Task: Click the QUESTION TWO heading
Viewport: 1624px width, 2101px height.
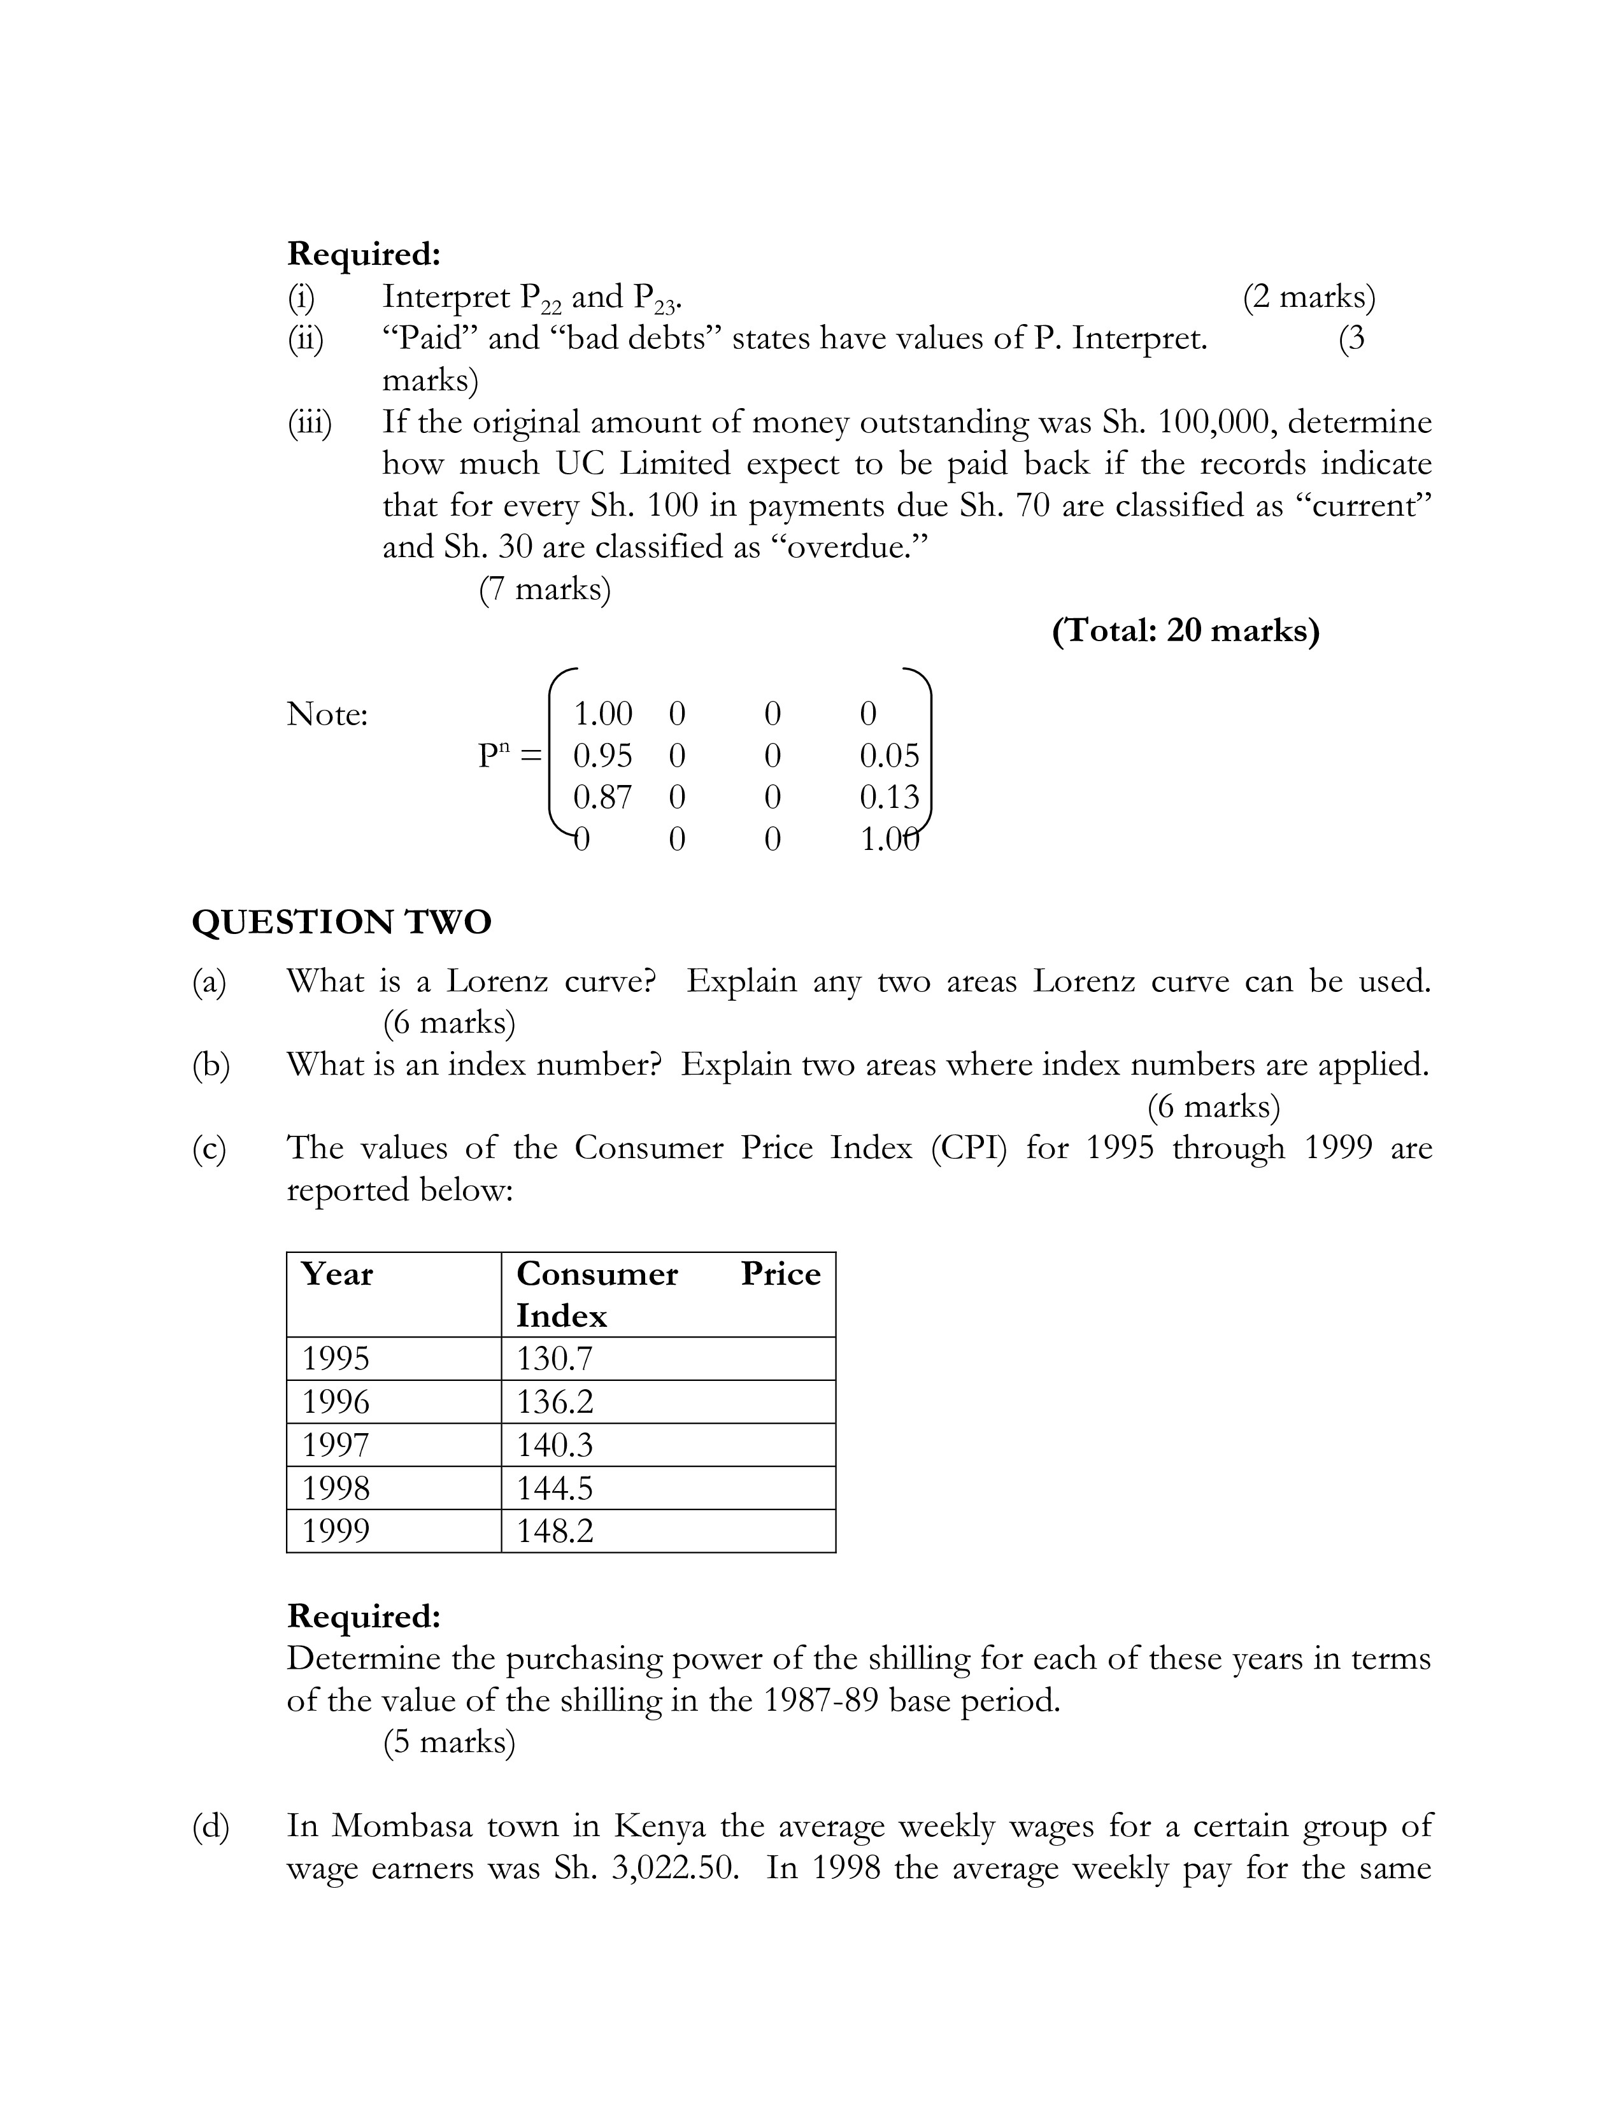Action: [x=341, y=922]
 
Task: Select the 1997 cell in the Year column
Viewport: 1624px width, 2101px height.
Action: [x=336, y=1445]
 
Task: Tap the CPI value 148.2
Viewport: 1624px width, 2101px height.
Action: [x=555, y=1531]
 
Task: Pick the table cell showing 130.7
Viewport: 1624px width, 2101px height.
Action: [x=555, y=1359]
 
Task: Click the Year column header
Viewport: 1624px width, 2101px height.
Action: [x=337, y=1274]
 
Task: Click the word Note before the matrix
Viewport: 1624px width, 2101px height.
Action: [x=327, y=715]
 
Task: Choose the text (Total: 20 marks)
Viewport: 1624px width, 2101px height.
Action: [x=1185, y=631]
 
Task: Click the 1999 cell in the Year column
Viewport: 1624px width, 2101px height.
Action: [x=336, y=1531]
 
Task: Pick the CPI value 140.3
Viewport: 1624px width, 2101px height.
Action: [x=555, y=1445]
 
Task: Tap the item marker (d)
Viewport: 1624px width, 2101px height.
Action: [x=211, y=1826]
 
